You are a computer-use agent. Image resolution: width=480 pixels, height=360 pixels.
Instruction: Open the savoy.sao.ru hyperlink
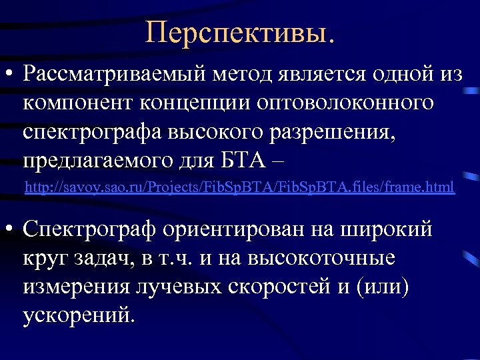click(x=239, y=189)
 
